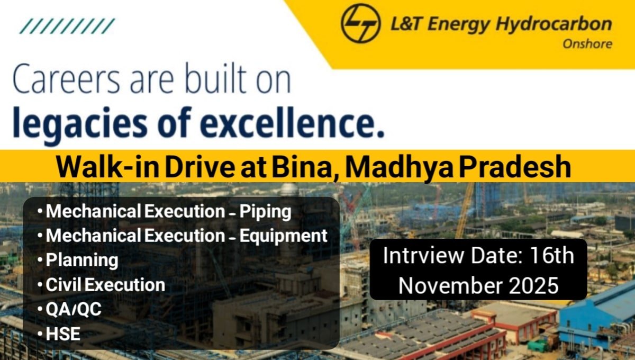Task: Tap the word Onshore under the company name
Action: [x=587, y=44]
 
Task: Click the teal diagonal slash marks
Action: [x=67, y=26]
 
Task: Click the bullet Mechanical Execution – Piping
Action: [x=168, y=212]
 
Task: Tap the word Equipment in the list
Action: [x=284, y=236]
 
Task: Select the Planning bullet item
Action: [x=81, y=260]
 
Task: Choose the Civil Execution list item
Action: [x=105, y=285]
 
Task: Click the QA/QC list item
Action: [x=73, y=309]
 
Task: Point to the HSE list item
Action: [x=63, y=334]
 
